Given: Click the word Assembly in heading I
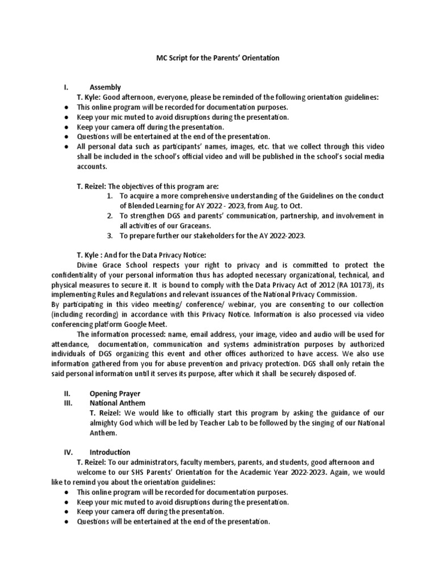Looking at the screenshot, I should (105, 87).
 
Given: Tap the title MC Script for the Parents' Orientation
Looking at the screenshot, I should (217, 58).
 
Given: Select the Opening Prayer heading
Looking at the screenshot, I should (115, 393).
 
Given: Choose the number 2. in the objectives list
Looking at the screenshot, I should (110, 216).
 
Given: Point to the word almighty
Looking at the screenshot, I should (108, 423).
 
